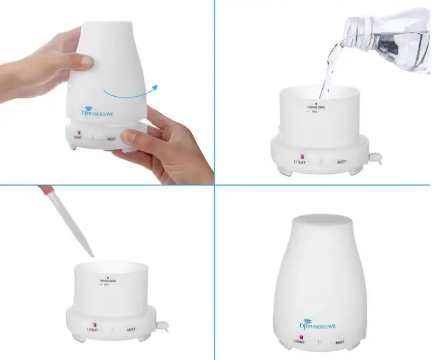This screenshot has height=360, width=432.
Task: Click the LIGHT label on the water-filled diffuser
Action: coord(299,162)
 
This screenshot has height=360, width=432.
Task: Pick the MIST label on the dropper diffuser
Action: coord(132,329)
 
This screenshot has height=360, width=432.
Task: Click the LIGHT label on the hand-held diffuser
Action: coord(78,138)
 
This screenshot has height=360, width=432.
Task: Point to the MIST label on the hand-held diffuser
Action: coord(112,139)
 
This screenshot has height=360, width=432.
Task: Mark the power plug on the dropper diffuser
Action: coord(164,322)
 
